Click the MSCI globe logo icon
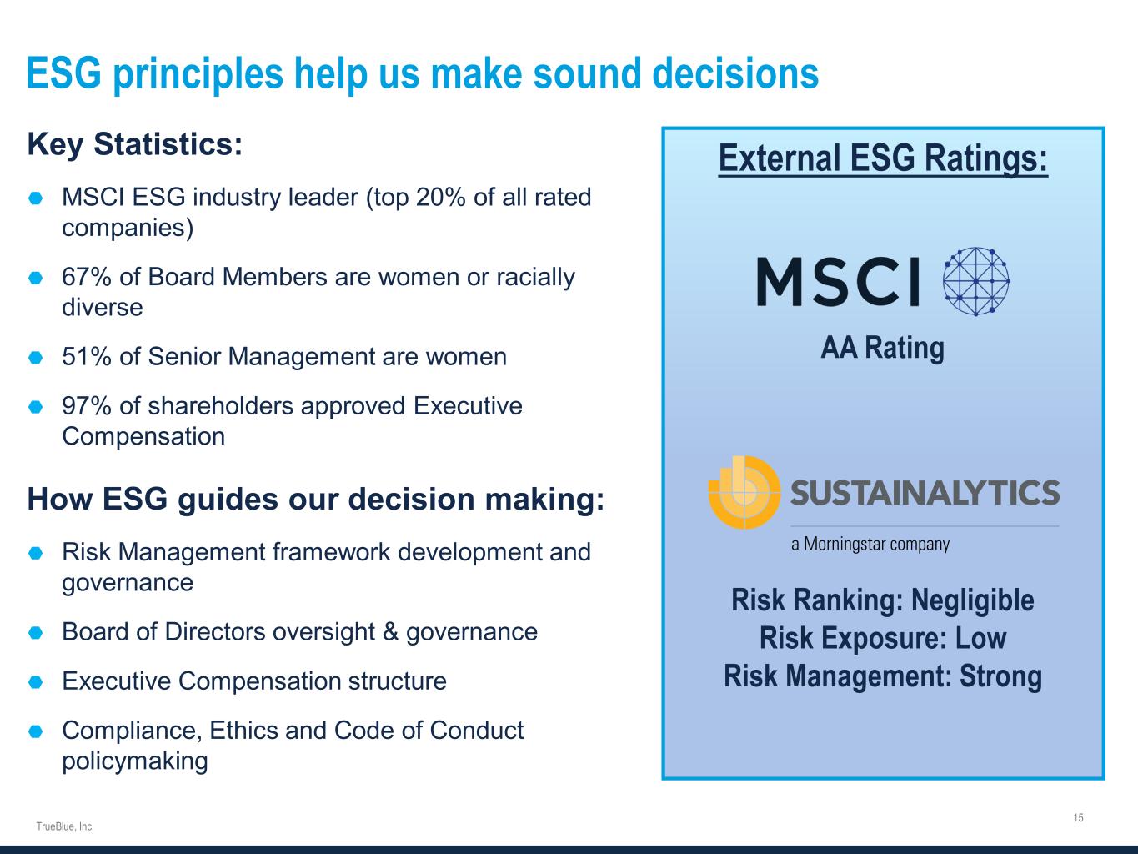(975, 282)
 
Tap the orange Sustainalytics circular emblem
(744, 492)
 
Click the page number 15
(1078, 817)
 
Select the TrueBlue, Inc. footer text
(65, 826)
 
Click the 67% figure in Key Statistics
(86, 277)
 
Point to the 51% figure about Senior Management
(86, 357)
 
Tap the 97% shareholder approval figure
(86, 406)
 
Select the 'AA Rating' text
(882, 348)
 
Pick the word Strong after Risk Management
(1000, 676)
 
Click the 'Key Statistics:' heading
(135, 144)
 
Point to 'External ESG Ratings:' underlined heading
(883, 158)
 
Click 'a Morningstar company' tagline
(870, 544)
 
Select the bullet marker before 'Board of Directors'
(35, 633)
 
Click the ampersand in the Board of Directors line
(390, 632)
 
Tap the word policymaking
(135, 761)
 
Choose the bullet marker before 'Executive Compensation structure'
(35, 682)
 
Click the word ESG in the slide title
(63, 73)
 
